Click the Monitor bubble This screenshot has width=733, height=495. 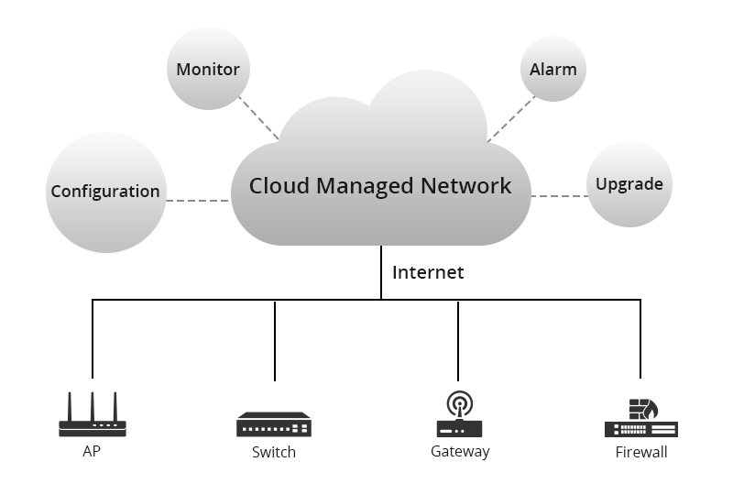208,69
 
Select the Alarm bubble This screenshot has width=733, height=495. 553,69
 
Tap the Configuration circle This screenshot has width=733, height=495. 105,192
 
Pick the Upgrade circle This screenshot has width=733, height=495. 629,184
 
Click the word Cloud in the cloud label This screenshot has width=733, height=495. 279,185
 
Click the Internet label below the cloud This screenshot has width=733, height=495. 428,272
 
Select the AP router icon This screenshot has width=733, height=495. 93,417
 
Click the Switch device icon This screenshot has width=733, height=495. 274,424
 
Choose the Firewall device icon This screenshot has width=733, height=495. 640,419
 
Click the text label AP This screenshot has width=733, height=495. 92,451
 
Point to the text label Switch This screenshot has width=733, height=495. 274,452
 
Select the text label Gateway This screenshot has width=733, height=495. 460,451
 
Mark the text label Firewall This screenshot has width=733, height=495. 641,452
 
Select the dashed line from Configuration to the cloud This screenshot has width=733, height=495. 198,200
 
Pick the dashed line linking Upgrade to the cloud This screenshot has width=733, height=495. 559,196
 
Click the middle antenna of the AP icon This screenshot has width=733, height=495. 93,405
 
